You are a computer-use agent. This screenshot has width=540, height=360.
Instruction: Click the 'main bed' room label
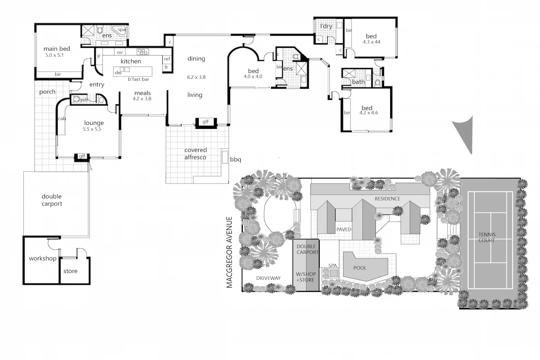click(x=57, y=49)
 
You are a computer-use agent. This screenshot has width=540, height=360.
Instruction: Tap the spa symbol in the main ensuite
click(x=119, y=30)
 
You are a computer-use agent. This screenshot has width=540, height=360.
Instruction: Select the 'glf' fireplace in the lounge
click(x=82, y=157)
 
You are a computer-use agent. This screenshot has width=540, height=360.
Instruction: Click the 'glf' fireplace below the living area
click(x=205, y=122)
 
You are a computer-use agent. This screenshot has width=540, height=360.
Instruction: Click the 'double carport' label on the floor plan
click(x=52, y=200)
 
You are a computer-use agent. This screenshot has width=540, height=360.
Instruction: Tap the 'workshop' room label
click(x=43, y=258)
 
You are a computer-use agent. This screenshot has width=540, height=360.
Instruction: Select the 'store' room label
click(x=70, y=271)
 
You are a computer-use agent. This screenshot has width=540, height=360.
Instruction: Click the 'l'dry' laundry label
click(x=326, y=26)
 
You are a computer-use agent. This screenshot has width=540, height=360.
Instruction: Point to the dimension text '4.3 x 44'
click(x=371, y=42)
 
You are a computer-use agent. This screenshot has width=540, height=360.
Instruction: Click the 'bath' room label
click(x=358, y=82)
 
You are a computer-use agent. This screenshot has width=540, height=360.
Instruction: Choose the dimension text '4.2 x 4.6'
click(x=369, y=113)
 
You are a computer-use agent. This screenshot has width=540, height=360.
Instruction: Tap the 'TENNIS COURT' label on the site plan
click(x=487, y=237)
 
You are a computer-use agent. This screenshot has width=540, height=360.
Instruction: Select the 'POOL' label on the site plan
click(x=360, y=268)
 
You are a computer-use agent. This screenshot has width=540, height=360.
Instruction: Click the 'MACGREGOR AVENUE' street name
click(x=230, y=252)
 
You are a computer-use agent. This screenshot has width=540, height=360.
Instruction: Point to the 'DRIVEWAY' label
click(x=268, y=278)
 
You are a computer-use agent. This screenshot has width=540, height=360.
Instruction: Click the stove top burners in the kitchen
click(x=142, y=52)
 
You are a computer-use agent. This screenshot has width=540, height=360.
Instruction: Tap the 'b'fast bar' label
click(x=138, y=79)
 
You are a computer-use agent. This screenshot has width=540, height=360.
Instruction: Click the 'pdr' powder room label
click(x=84, y=100)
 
